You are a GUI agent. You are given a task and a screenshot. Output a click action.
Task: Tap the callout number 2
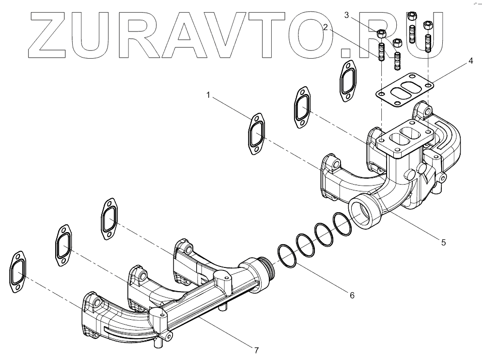[328, 28]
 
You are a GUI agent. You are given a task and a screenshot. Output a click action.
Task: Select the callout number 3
[346, 16]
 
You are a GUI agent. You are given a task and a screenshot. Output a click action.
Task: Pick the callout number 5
[443, 242]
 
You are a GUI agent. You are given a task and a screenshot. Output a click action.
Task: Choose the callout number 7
[257, 349]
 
